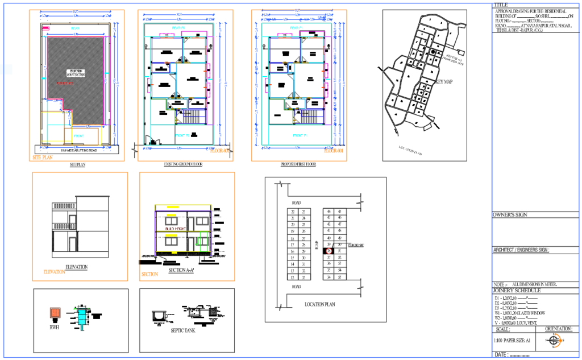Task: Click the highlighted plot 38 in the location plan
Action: [329, 251]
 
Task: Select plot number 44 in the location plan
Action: [329, 211]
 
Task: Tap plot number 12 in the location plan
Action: [292, 278]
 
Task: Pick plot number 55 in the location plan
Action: [339, 277]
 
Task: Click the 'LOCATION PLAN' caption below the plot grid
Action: [320, 304]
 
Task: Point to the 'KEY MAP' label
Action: [444, 82]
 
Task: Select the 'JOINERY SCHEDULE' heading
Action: [517, 291]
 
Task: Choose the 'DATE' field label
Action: [501, 354]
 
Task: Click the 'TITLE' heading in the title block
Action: [501, 5]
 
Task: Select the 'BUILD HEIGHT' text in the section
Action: [177, 229]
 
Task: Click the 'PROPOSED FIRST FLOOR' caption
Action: [299, 165]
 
